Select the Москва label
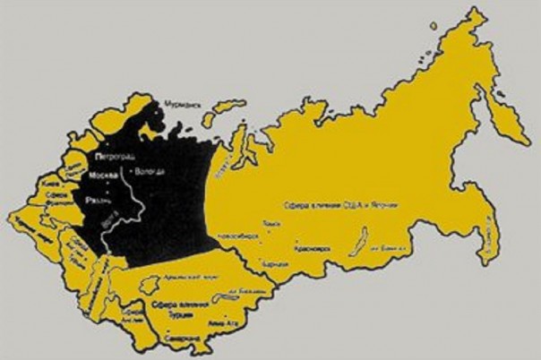pos(98,175)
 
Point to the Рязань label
pos(98,201)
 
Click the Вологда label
pos(148,171)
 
